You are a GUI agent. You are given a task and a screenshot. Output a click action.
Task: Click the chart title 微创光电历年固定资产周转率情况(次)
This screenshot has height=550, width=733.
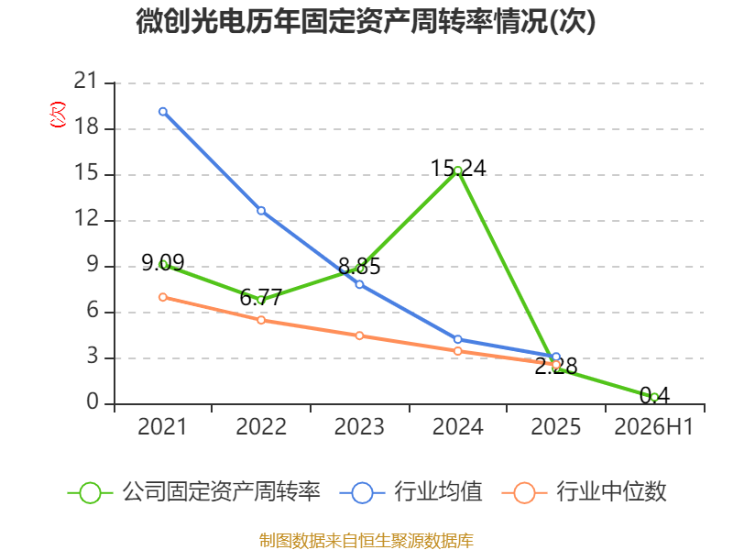(366, 21)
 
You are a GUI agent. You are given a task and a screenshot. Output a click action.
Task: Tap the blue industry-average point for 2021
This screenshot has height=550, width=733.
(163, 112)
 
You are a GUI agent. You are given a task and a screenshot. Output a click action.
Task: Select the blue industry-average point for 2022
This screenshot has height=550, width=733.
(261, 211)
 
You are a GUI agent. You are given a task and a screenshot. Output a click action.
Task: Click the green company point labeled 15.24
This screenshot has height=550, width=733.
(458, 170)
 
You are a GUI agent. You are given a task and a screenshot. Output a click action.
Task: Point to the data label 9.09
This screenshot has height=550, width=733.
(163, 263)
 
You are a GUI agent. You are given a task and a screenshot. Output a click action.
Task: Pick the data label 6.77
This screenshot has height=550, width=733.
(261, 297)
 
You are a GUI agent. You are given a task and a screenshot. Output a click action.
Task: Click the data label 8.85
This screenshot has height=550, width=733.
(359, 267)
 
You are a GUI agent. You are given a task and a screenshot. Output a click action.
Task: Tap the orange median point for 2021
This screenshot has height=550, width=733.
(163, 297)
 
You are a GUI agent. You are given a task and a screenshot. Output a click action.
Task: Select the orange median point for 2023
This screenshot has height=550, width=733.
(359, 335)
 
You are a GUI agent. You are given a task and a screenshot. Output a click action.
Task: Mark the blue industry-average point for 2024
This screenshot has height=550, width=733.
(457, 339)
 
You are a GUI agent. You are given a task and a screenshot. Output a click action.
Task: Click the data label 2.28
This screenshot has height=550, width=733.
(556, 366)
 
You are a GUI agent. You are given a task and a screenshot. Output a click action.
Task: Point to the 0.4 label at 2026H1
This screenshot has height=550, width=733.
(654, 396)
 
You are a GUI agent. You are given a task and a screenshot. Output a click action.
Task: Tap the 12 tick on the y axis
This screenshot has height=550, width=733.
(87, 218)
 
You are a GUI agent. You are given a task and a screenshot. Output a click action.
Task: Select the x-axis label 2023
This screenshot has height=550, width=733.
(359, 427)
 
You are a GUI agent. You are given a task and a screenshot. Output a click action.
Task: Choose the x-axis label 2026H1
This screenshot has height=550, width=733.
(653, 427)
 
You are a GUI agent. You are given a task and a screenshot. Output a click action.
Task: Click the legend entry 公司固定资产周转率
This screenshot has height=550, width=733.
(194, 492)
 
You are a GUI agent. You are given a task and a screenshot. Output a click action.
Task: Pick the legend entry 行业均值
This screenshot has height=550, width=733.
(410, 492)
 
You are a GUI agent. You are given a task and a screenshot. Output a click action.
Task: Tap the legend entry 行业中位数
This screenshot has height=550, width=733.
(584, 492)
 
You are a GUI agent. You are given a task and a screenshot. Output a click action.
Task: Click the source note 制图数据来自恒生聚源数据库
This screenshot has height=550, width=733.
(366, 541)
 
